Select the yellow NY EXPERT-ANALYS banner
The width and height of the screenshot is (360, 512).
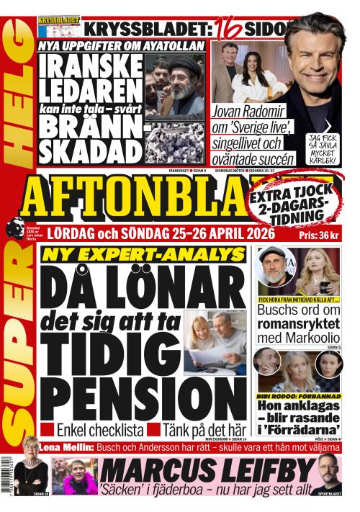click(x=143, y=254)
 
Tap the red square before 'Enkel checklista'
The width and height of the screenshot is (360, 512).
click(x=47, y=430)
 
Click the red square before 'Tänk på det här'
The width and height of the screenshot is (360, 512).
click(x=153, y=430)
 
